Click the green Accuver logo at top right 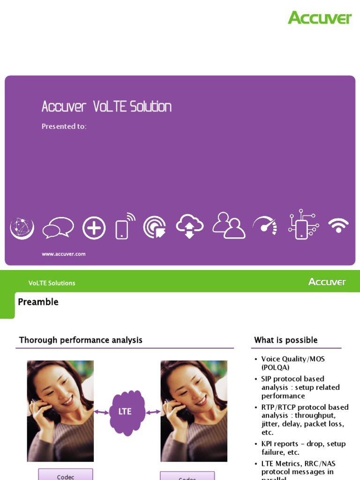(319, 18)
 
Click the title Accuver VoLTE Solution (106, 107)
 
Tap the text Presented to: (64, 127)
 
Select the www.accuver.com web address (64, 254)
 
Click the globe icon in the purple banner (22, 228)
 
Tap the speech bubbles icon (58, 228)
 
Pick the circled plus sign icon (94, 228)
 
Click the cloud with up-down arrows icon (189, 226)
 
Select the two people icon (228, 225)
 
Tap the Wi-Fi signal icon (338, 225)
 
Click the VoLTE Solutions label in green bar (52, 283)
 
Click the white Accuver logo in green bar (327, 282)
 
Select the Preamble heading (38, 302)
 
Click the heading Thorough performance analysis (80, 340)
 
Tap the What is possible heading (285, 340)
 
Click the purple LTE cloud (125, 412)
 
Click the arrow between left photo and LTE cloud (101, 412)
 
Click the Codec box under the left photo (66, 475)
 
